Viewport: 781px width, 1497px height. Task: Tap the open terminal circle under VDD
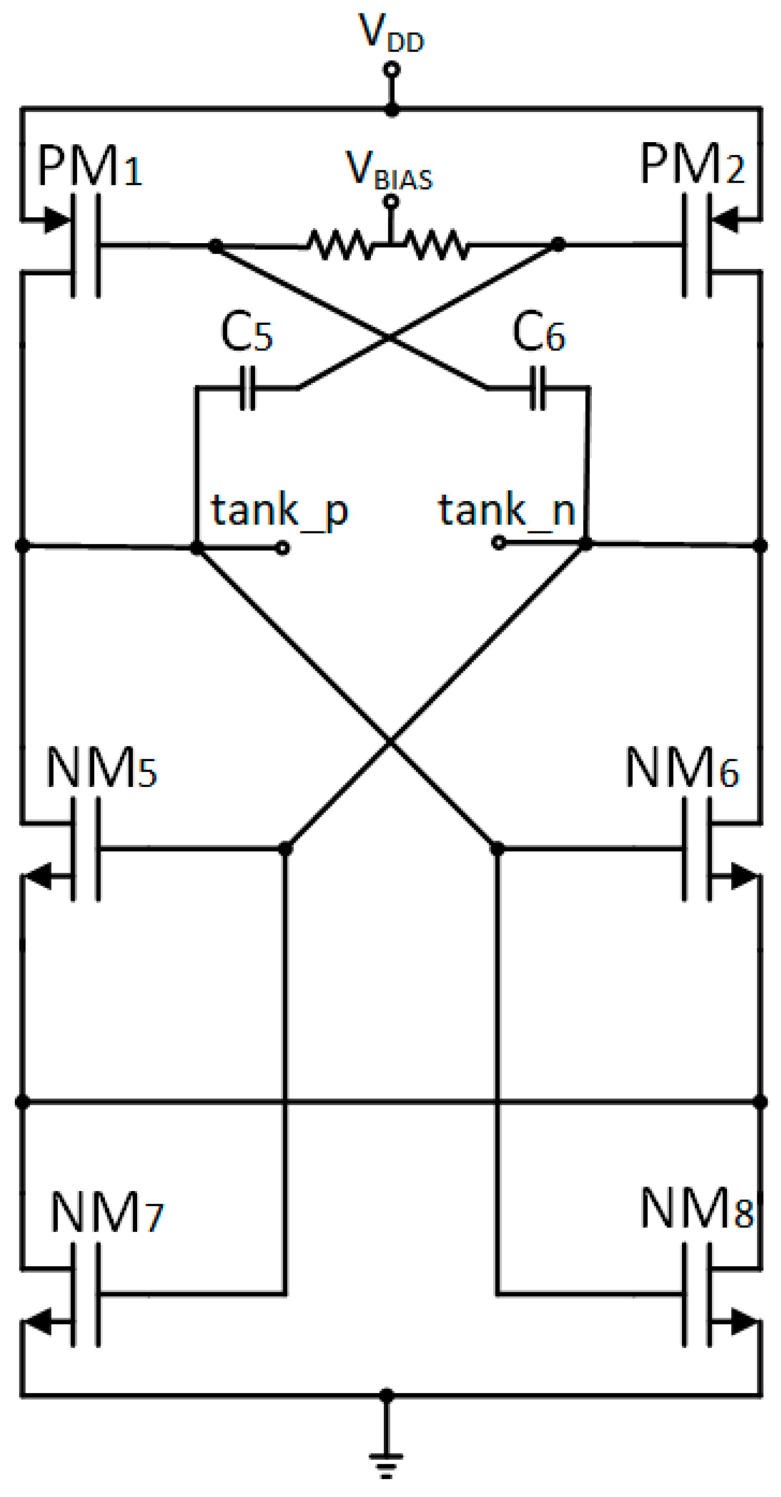tap(392, 70)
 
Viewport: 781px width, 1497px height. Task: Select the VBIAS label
tap(389, 171)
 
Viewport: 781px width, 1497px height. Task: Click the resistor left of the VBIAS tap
tap(340, 245)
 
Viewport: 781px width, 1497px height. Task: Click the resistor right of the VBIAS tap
tap(437, 245)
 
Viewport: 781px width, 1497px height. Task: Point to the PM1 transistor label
tap(90, 167)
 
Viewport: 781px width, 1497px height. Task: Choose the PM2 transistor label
tap(691, 165)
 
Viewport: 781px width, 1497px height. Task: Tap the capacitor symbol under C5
tap(248, 388)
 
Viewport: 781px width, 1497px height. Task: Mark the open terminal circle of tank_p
tap(282, 548)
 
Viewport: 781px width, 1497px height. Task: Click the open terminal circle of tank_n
tap(498, 543)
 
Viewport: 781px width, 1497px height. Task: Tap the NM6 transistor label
tap(681, 768)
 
